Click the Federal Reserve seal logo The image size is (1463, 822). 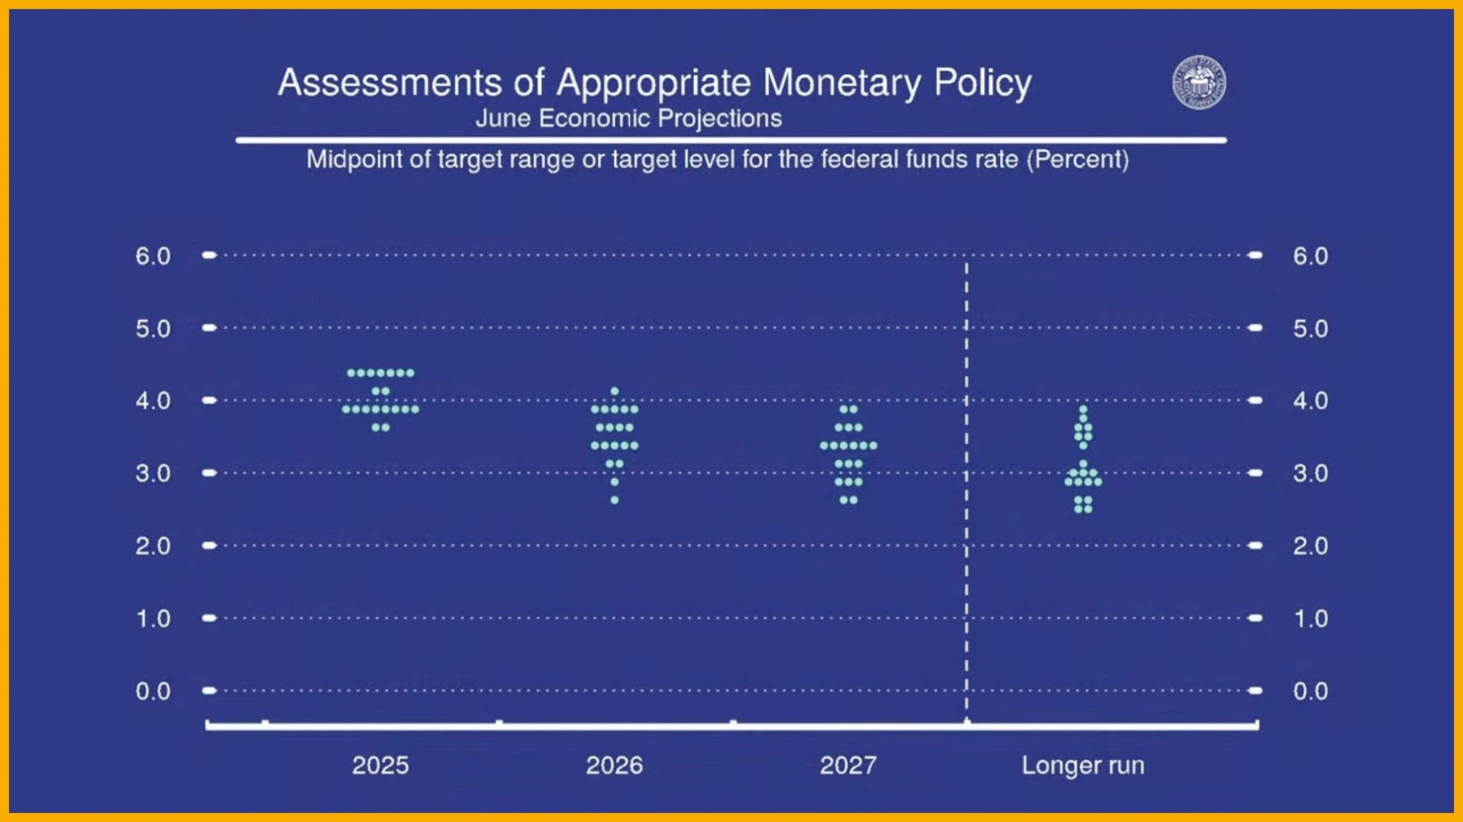click(x=1199, y=82)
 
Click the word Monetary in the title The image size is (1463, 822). click(x=842, y=83)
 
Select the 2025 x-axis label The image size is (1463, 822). click(x=380, y=765)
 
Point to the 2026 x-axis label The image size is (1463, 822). click(x=614, y=765)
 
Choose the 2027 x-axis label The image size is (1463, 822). click(x=848, y=765)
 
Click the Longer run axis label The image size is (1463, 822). click(x=1083, y=765)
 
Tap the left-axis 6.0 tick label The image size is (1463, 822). click(x=153, y=256)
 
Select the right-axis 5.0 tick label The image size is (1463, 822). click(x=1310, y=328)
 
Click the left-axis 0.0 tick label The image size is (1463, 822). click(x=153, y=690)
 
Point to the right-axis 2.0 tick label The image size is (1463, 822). click(x=1310, y=546)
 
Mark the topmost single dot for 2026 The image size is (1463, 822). click(x=614, y=391)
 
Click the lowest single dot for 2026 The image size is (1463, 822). click(x=614, y=500)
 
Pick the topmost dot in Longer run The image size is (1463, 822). click(x=1083, y=410)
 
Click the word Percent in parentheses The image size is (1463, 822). click(x=1078, y=159)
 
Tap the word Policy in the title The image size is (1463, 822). click(x=983, y=83)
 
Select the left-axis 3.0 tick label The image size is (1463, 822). click(x=153, y=474)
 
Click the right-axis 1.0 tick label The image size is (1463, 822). click(x=1310, y=618)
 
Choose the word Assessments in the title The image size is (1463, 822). click(x=390, y=83)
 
